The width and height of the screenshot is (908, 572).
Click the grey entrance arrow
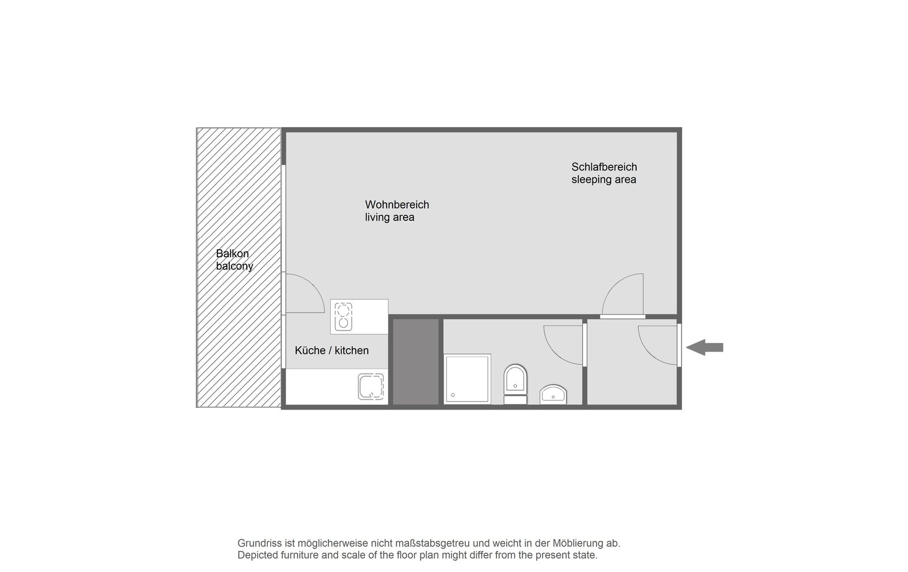pos(704,347)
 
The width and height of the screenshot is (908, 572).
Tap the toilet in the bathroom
pos(515,384)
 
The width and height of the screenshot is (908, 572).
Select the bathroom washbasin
pos(553,394)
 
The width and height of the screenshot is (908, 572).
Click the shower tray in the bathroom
pos(468,379)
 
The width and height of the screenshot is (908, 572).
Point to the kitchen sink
pos(371,387)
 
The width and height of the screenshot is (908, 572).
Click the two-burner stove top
pos(343,316)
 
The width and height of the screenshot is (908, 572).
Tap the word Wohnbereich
pos(397,204)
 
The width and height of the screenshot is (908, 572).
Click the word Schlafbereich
pos(604,167)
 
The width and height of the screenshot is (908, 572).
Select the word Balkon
pos(232,253)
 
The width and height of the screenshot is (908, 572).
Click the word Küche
pos(310,350)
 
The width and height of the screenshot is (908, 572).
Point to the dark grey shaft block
pos(416,361)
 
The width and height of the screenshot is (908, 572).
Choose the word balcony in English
pos(234,266)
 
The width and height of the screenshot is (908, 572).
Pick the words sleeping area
pos(604,179)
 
